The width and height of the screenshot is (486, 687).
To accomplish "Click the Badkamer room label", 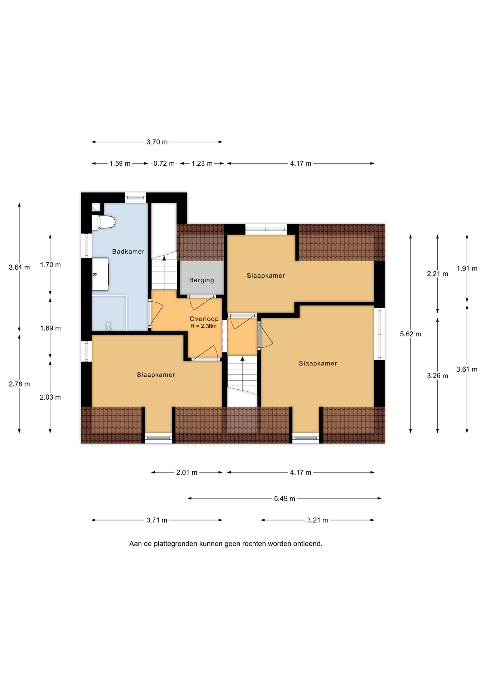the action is click(x=128, y=252).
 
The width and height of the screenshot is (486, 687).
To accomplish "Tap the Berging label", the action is click(x=201, y=280).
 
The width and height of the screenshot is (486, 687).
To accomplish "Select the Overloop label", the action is click(x=204, y=319).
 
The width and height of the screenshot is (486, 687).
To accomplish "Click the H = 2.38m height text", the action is click(x=203, y=326).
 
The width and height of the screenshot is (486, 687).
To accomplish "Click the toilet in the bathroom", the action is click(x=103, y=222).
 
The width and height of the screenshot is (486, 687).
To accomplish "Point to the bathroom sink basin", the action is click(x=100, y=274).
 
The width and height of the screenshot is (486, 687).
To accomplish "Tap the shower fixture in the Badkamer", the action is click(x=108, y=327).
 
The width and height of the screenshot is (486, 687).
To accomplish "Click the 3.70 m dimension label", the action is click(x=157, y=142).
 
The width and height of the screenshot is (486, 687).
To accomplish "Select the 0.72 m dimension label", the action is click(x=164, y=164).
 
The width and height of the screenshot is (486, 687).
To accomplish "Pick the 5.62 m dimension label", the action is click(x=410, y=334).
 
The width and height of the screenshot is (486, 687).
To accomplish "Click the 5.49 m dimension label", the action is click(x=285, y=498).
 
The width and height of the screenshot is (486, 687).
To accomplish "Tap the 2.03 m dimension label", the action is click(x=50, y=397).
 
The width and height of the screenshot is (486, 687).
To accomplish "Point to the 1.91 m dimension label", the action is click(x=467, y=268).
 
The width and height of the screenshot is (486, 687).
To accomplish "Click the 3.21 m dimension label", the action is click(x=317, y=520).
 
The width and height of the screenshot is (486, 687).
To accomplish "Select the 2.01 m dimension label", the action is click(x=187, y=473).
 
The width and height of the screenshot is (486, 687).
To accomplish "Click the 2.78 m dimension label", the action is click(x=19, y=384).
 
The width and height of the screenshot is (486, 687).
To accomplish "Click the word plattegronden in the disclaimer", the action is click(x=175, y=544).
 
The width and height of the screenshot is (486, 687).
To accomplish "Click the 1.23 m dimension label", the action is click(x=202, y=164).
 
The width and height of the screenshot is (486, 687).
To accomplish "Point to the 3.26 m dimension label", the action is click(x=437, y=376).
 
